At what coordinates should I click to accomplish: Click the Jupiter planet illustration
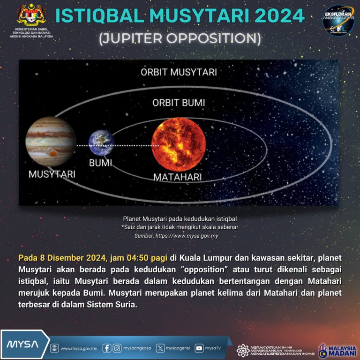[51, 142]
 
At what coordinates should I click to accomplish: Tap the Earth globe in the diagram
[101, 142]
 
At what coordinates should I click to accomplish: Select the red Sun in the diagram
[179, 144]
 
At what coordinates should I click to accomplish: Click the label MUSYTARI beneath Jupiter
[52, 174]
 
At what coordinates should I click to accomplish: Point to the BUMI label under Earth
[101, 164]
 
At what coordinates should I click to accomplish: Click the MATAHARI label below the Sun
[178, 177]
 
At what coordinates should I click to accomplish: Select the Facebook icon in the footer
[107, 348]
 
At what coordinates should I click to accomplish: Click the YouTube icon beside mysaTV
[199, 348]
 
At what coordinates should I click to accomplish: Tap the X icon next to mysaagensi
[161, 348]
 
